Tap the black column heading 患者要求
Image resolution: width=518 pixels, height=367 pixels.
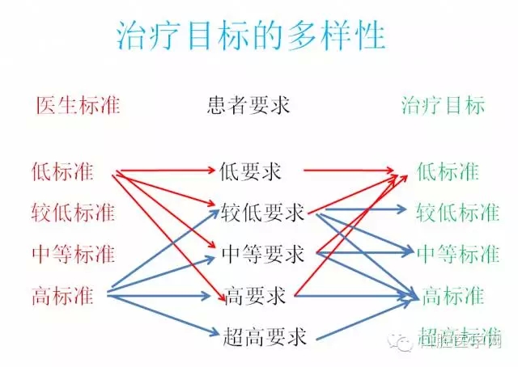tap(257, 105)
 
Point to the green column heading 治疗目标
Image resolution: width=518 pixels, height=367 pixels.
tap(443, 105)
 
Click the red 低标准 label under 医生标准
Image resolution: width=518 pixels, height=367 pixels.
tap(62, 171)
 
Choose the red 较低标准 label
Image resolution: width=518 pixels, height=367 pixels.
tap(72, 213)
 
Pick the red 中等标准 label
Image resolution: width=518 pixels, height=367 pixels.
tap(72, 255)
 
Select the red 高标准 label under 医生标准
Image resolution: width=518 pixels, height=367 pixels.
tap(62, 296)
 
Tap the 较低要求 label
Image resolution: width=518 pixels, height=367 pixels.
tap(261, 213)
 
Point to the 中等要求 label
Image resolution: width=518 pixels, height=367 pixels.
tap(261, 255)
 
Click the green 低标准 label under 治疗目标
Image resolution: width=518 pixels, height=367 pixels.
tap(448, 171)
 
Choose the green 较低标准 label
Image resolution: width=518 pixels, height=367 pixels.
tap(457, 213)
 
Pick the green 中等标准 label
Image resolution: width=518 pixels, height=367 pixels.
tap(457, 255)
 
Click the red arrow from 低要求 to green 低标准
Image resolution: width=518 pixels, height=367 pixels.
tap(356, 171)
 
